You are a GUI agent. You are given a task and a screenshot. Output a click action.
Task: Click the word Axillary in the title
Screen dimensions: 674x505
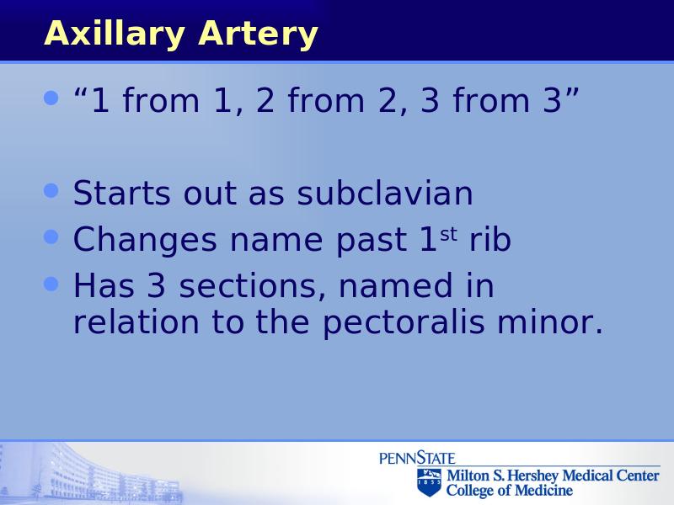pyautogui.click(x=115, y=34)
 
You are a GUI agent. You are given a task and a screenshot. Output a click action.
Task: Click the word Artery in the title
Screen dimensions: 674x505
pyautogui.click(x=258, y=33)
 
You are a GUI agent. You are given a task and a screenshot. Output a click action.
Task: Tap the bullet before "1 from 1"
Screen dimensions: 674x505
pyautogui.click(x=51, y=98)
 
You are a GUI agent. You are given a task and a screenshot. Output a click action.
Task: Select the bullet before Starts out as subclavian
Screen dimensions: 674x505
pyautogui.click(x=51, y=190)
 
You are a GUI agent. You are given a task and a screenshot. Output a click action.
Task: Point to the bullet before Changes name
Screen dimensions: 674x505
pyautogui.click(x=51, y=237)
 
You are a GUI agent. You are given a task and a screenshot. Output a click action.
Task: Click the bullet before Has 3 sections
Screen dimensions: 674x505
pyautogui.click(x=51, y=284)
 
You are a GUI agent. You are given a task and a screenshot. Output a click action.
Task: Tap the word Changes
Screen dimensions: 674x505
pyautogui.click(x=145, y=241)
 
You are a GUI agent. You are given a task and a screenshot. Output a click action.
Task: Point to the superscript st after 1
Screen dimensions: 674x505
pyautogui.click(x=448, y=235)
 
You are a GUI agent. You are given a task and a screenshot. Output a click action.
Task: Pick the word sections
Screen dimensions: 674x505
pyautogui.click(x=252, y=286)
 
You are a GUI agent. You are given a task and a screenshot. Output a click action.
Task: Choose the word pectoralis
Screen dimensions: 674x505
pyautogui.click(x=404, y=323)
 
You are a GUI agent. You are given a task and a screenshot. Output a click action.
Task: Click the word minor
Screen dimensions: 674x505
pyautogui.click(x=550, y=322)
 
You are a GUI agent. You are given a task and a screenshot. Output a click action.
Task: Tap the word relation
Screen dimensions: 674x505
pyautogui.click(x=136, y=322)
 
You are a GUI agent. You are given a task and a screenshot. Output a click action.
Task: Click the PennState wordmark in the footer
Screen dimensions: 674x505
pyautogui.click(x=417, y=458)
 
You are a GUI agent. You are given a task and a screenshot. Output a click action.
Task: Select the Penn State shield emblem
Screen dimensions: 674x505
pyautogui.click(x=429, y=481)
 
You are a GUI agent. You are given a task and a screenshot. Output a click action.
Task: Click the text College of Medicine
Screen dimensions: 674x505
pyautogui.click(x=510, y=490)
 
